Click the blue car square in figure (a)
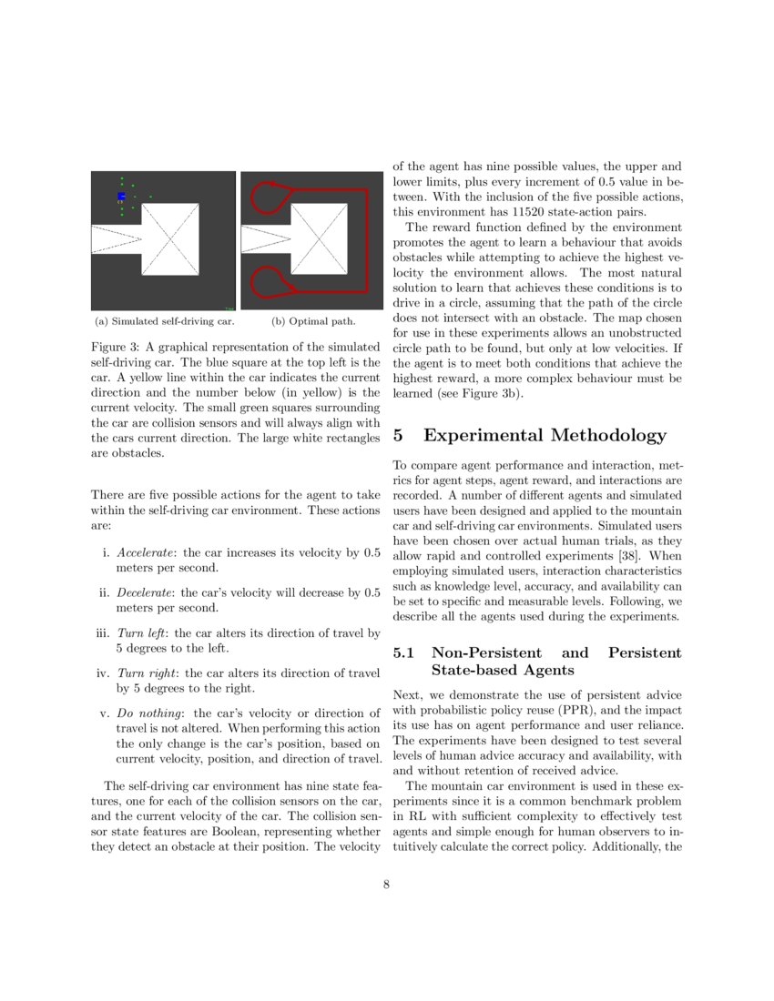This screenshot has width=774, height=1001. click(121, 197)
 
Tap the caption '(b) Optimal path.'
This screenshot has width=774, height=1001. click(313, 321)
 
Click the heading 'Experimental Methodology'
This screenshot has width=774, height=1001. click(545, 436)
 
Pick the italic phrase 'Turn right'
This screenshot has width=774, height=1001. click(144, 673)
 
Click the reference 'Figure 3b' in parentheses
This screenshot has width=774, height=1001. click(494, 394)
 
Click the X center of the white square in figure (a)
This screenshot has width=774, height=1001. click(172, 240)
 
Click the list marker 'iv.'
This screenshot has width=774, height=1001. click(102, 673)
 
